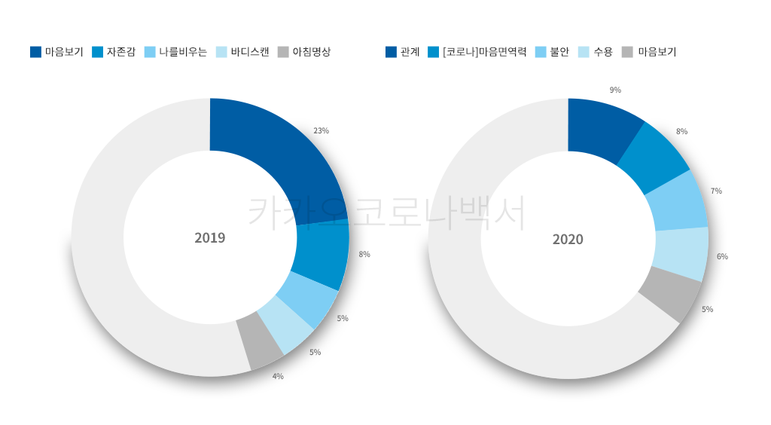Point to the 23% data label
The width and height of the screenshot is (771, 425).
[x=321, y=130]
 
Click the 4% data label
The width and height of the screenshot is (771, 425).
[x=278, y=376]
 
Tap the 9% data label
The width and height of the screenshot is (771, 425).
[x=615, y=90]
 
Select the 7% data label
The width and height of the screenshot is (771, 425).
[x=716, y=191]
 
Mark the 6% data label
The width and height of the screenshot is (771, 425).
[x=722, y=256]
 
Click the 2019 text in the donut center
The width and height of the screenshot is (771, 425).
[x=209, y=238]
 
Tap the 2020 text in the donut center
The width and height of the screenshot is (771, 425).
[x=568, y=240]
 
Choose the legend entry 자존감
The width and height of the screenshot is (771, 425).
[x=121, y=52]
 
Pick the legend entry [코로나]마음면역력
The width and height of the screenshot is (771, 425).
[x=485, y=52]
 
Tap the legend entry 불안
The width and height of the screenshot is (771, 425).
[x=559, y=52]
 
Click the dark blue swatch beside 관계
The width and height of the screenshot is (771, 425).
[x=391, y=52]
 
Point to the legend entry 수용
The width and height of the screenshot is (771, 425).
[x=603, y=52]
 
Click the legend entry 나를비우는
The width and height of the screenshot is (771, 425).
[x=183, y=52]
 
